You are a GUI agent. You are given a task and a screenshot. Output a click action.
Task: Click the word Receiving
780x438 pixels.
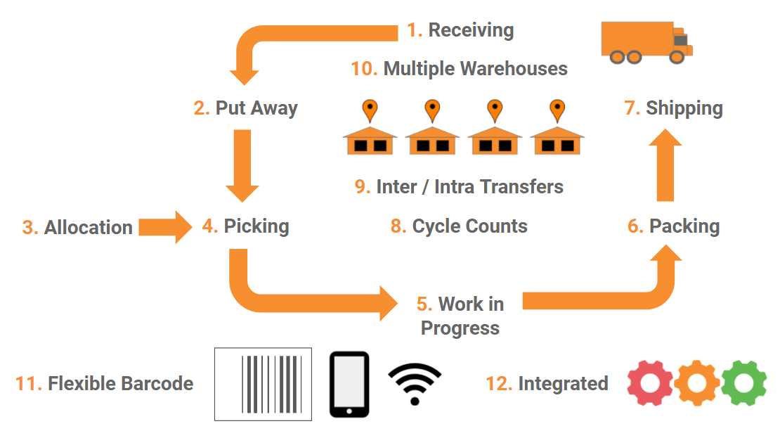pos(471,30)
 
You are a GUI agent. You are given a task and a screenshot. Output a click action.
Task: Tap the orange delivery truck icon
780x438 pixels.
pos(646,42)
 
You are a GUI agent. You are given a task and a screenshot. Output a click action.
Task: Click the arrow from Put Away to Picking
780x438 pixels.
pos(242,165)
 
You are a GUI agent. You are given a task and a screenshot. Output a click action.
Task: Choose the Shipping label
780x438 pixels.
pos(684,108)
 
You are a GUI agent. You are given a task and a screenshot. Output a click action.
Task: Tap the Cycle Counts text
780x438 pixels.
pos(469,226)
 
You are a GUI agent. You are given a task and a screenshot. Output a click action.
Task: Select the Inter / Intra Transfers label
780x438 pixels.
pos(469,187)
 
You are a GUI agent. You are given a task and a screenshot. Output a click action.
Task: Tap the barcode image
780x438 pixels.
pos(263,384)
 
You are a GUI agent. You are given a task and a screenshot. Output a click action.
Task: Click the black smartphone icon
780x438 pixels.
pos(349,384)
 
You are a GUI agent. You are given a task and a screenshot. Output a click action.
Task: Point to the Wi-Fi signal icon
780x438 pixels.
pos(415,385)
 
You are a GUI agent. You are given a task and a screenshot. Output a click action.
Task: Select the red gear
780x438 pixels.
pos(650,383)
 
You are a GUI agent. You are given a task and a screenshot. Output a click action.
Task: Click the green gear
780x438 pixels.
pos(743,383)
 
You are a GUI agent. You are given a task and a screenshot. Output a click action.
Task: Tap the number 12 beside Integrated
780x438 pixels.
pos(498,384)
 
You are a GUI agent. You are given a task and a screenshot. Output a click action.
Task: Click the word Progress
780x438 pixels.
pos(460,328)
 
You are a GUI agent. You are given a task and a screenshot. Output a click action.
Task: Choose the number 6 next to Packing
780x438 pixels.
pos(635,226)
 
